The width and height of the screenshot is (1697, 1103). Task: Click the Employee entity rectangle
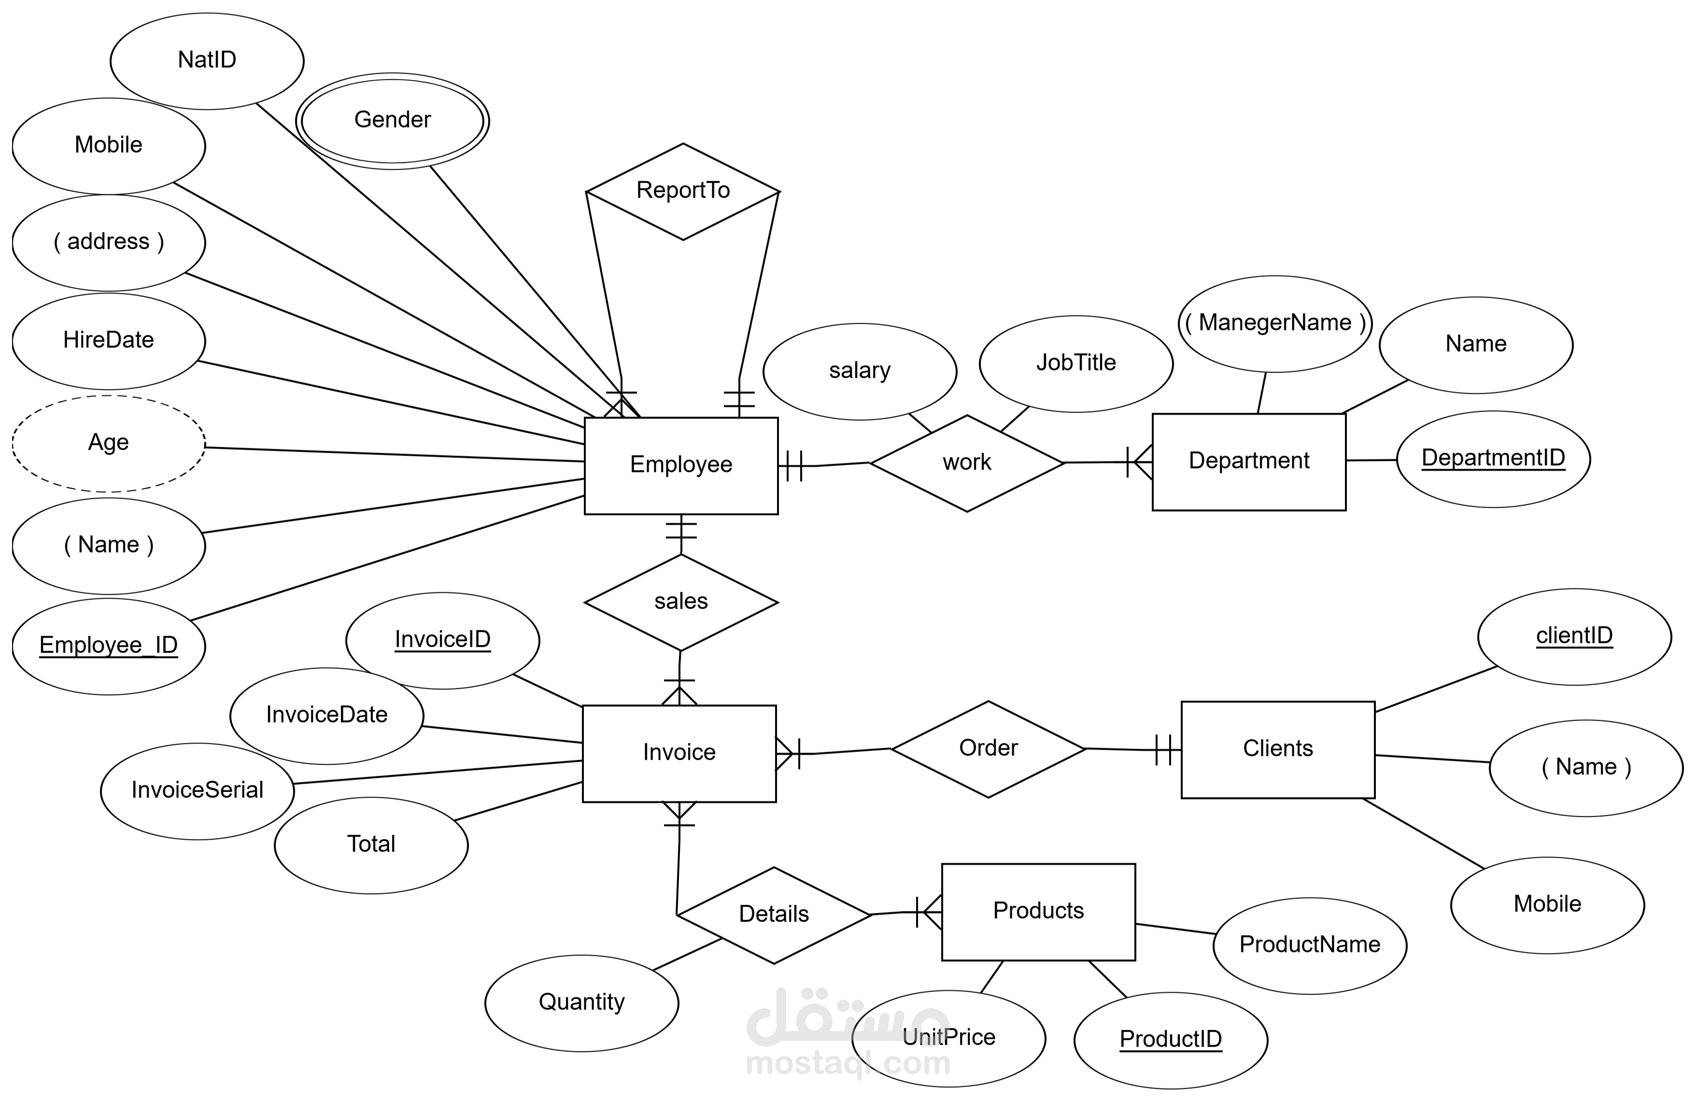coord(681,466)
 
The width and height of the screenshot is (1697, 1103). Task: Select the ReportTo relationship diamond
coord(682,191)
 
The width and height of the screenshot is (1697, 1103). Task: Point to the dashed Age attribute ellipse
coord(108,443)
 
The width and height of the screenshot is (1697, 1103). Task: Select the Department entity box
coord(1248,461)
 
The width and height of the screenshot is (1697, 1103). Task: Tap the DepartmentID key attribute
coord(1493,458)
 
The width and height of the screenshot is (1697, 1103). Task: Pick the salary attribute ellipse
coord(859,371)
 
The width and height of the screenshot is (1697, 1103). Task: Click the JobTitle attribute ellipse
coord(1076,364)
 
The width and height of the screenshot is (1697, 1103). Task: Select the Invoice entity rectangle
coord(679,753)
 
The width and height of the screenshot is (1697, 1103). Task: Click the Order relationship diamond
coord(988,749)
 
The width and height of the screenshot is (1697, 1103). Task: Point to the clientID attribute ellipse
coord(1574,636)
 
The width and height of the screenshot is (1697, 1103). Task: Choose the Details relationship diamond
coord(774,915)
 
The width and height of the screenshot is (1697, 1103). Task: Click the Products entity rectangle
coord(1038,911)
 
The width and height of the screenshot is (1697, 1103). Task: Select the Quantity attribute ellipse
coord(581,1003)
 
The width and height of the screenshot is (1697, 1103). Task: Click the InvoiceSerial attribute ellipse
coord(197,791)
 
